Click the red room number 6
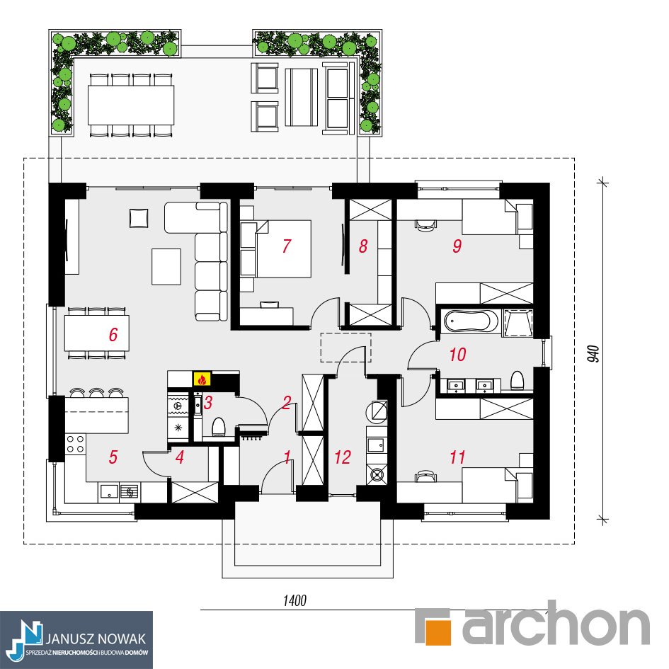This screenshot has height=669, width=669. (x=113, y=334)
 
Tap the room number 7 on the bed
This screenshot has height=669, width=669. (x=287, y=246)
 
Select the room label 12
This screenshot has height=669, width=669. (x=343, y=457)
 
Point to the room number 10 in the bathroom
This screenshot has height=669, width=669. (x=457, y=355)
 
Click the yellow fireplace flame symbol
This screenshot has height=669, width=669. (x=202, y=379)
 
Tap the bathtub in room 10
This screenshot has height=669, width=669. (x=471, y=321)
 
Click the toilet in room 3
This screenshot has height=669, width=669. (x=219, y=427)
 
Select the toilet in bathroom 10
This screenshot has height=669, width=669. (x=517, y=380)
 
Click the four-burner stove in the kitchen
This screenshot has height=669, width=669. (x=76, y=443)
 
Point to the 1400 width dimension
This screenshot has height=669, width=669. (x=295, y=601)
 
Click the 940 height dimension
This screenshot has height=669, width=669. (x=593, y=354)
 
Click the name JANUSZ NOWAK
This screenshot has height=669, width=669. (x=96, y=639)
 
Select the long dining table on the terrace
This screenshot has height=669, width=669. (x=131, y=105)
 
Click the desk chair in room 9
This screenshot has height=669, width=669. (x=425, y=225)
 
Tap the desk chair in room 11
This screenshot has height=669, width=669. (x=425, y=476)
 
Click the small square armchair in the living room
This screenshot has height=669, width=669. (x=139, y=217)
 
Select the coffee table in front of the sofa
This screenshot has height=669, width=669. (x=166, y=267)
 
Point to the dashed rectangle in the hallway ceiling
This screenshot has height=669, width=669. (x=345, y=348)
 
